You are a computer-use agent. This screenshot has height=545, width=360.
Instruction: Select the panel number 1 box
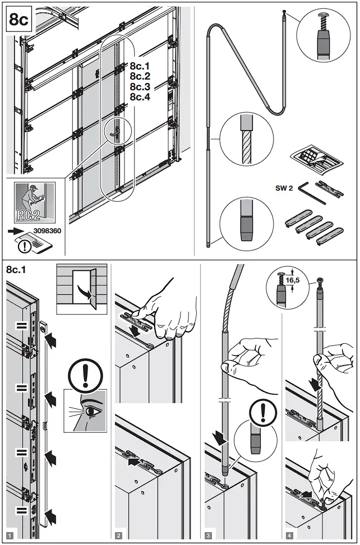click(x=10, y=535)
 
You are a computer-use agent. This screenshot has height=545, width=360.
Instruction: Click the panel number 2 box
click(x=118, y=535)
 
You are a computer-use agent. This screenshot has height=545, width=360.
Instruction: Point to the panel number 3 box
click(x=208, y=535)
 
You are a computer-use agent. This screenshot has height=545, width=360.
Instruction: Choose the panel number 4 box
click(x=289, y=535)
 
